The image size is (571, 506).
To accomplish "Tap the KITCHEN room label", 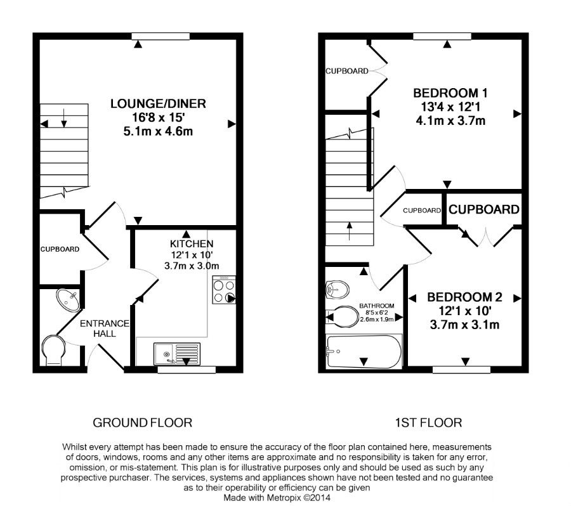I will click(191, 244).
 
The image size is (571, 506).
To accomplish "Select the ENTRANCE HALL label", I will click(104, 328).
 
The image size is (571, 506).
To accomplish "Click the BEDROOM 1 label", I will click(450, 93).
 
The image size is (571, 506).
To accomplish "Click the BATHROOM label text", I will click(377, 305).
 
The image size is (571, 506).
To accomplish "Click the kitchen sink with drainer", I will click(177, 353).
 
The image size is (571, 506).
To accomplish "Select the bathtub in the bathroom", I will click(362, 351).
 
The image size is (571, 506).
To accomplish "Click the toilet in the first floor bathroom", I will click(343, 316).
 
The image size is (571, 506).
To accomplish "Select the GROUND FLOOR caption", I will click(143, 422).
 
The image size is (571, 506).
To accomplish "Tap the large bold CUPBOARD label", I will click(484, 209).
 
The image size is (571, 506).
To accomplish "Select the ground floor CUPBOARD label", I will click(60, 249).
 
